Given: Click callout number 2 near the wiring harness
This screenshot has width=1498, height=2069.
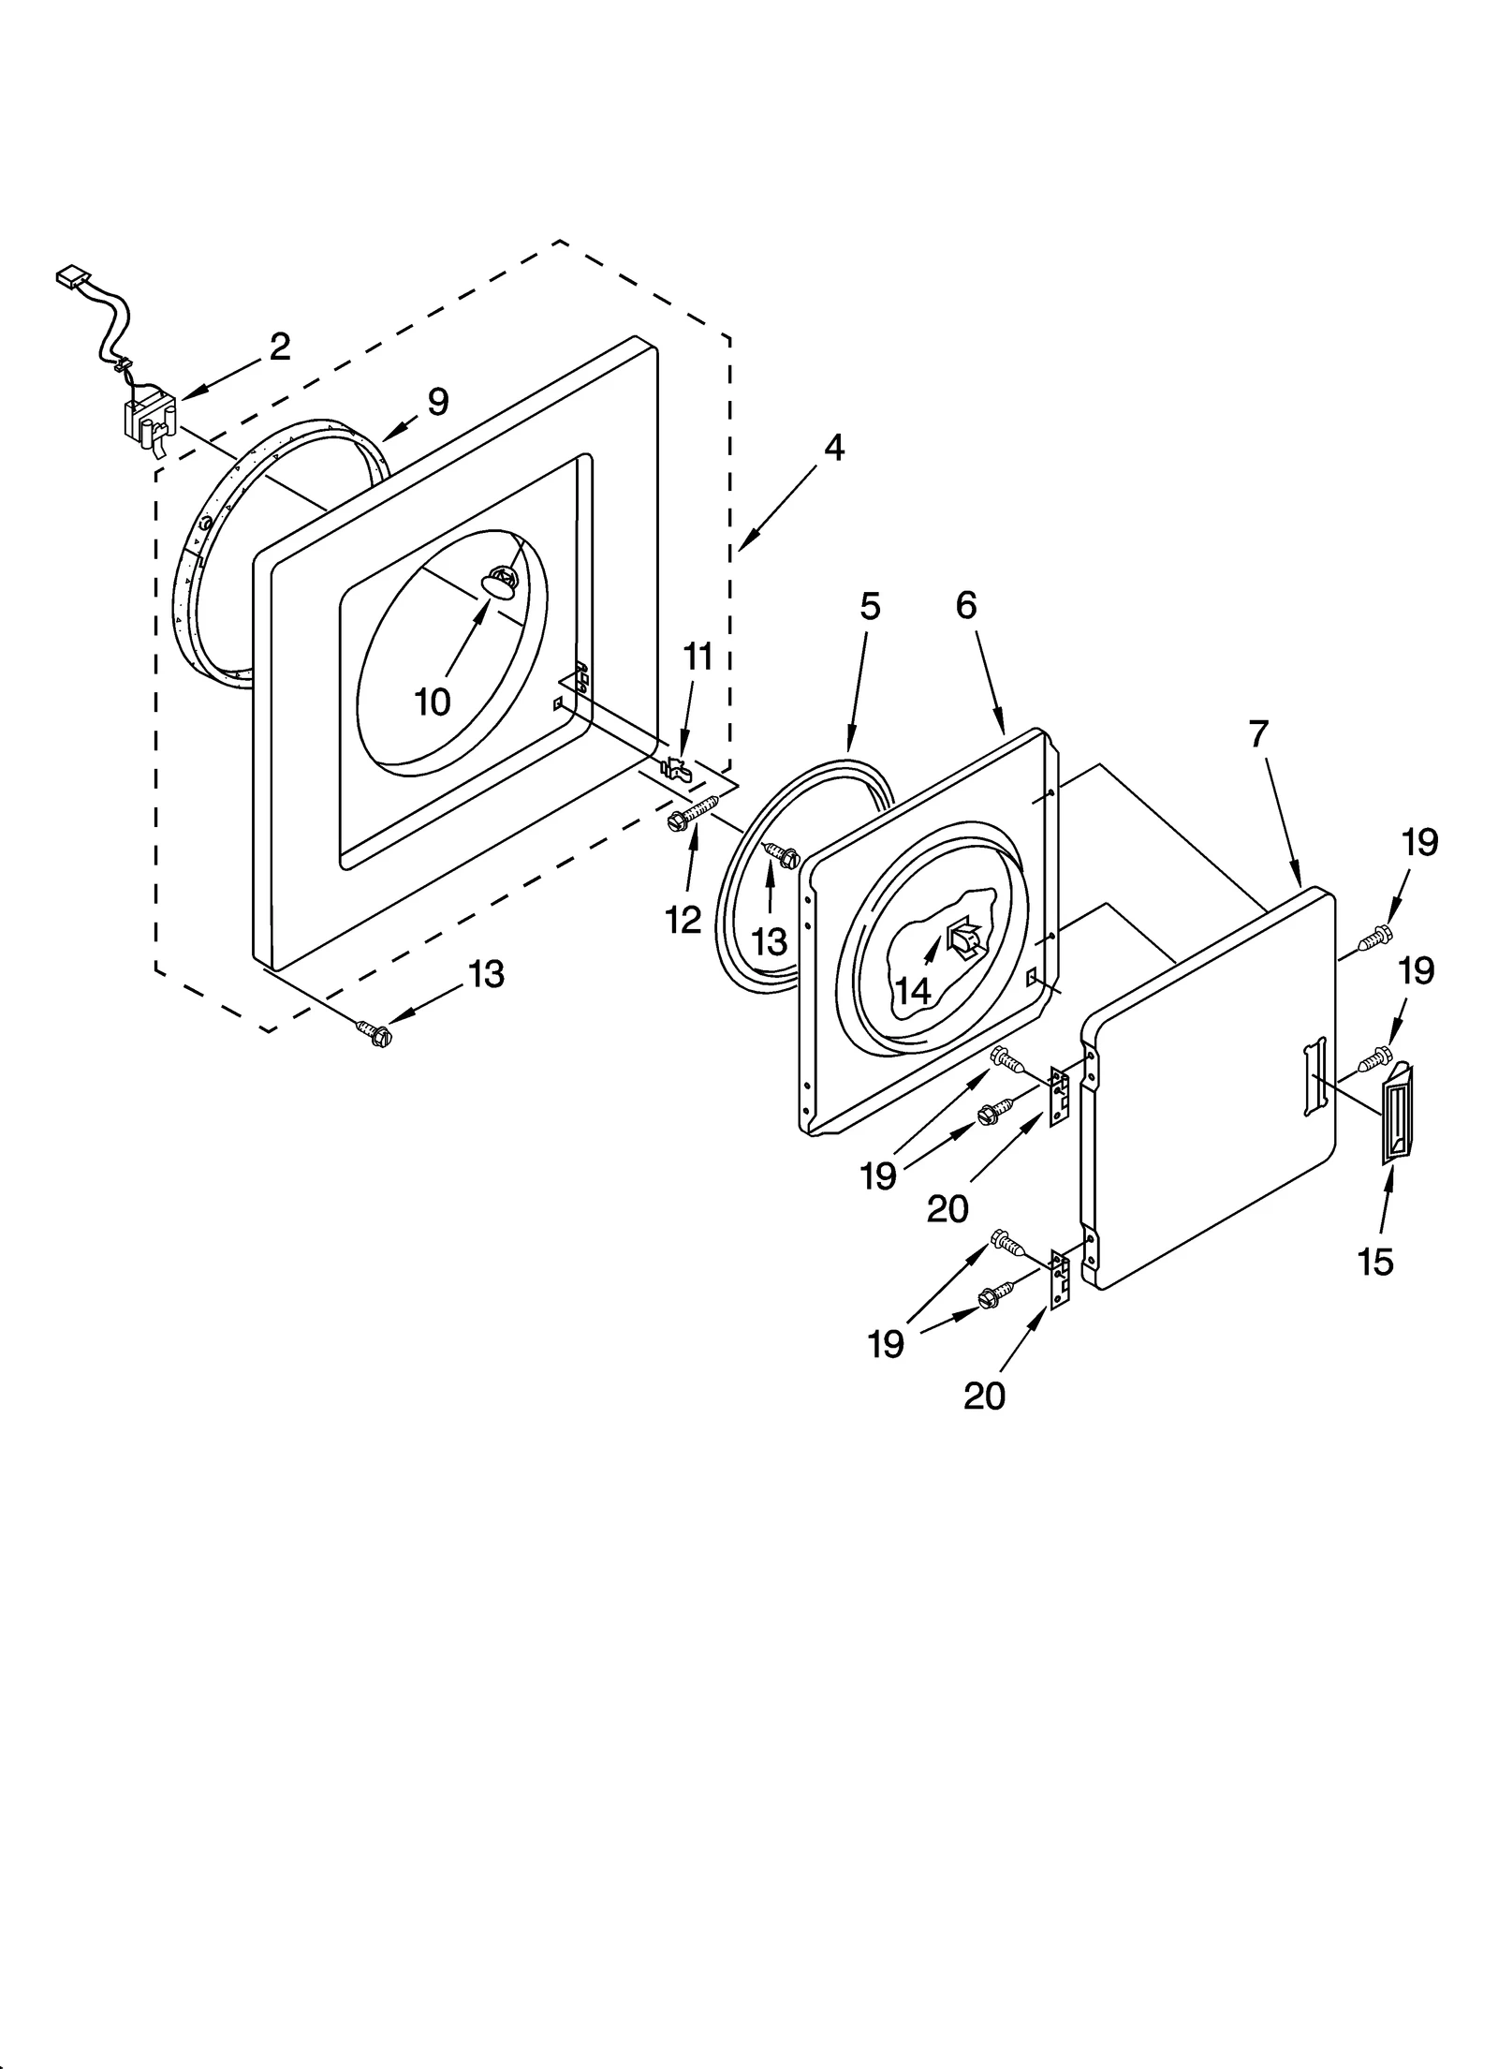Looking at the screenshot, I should coord(279,347).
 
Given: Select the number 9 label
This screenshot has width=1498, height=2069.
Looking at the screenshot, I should coord(438,402).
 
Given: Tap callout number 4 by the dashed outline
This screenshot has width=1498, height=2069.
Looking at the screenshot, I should coord(833,448).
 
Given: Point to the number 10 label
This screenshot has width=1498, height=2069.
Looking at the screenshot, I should coord(433,701).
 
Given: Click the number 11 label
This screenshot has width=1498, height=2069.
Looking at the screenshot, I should coord(698,657).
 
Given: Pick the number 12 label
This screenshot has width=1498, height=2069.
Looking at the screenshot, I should coord(683,920).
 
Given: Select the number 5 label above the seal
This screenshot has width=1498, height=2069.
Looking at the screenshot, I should coord(870,607).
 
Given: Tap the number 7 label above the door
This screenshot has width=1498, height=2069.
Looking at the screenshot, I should coord(1257,734).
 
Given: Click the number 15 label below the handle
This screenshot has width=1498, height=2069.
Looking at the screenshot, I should coord(1375,1262).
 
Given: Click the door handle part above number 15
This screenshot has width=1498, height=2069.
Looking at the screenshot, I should coord(1398,1114).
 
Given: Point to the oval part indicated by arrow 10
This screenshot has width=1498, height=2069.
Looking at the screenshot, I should coord(498,585).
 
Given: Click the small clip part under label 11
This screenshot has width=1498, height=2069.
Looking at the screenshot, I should coord(675,768).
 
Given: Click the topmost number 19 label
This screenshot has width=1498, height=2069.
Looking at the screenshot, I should coord(1419,843).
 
